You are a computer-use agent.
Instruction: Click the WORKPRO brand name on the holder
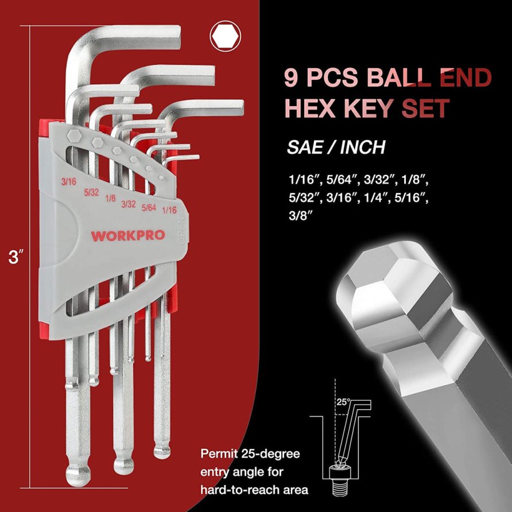(127, 235)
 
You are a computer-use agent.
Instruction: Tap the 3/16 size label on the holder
(68, 181)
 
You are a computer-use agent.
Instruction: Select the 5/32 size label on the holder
(91, 192)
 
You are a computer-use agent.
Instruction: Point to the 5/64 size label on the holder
(149, 207)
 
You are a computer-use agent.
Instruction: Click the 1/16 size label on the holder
(169, 210)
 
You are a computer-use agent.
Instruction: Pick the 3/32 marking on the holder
(129, 204)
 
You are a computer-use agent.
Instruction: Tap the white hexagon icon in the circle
(226, 37)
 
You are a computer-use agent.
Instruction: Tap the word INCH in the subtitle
(362, 147)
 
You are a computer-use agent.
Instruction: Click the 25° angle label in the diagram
(343, 402)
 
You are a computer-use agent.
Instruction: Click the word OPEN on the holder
(181, 231)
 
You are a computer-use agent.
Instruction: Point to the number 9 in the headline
(290, 77)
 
